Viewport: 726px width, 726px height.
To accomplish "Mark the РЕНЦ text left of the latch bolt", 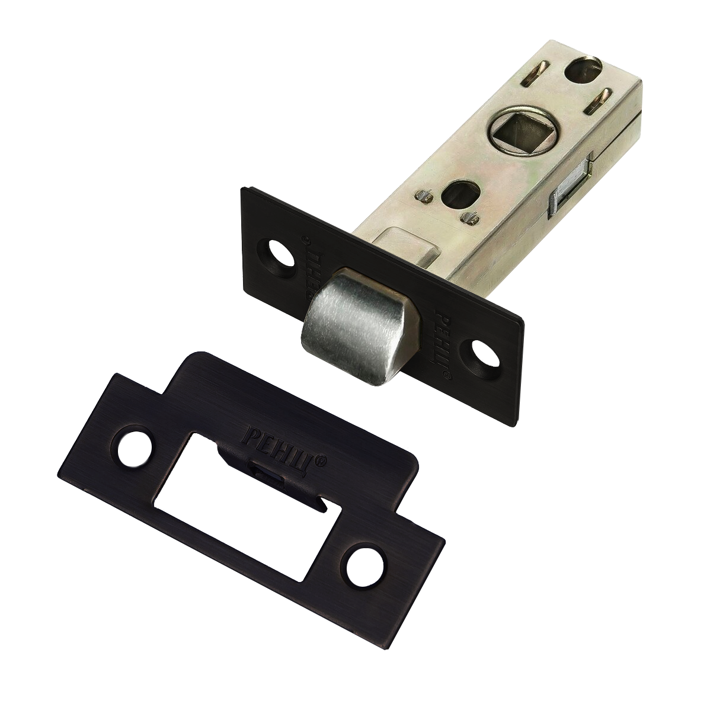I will click(x=311, y=267).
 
